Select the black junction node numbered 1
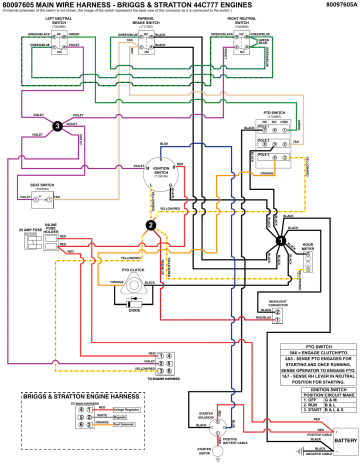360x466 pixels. tap(282, 240)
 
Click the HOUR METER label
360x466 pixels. tap(308, 246)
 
